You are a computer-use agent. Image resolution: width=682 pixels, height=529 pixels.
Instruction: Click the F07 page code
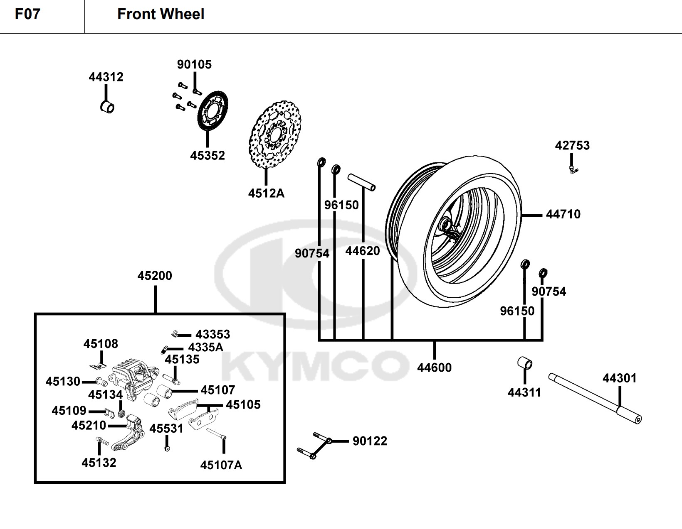[27, 14]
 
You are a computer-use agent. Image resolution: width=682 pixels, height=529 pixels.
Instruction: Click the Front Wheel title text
[161, 14]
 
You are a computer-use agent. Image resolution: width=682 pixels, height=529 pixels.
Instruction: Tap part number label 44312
[106, 77]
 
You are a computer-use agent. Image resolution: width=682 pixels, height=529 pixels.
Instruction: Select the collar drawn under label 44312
[107, 106]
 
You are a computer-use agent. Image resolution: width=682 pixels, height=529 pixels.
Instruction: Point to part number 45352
[208, 155]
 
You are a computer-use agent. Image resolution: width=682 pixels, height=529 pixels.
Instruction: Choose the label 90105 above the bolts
[194, 64]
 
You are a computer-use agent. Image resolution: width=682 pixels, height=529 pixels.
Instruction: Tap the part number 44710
[563, 214]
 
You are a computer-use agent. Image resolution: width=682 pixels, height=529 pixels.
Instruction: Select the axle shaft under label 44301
[595, 398]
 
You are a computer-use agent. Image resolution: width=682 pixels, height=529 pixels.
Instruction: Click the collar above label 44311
[525, 362]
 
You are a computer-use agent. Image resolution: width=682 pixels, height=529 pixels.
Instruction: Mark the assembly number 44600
[434, 367]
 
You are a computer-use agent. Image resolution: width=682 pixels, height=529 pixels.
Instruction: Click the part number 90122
[370, 441]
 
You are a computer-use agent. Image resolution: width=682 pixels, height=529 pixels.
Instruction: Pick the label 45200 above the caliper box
[155, 276]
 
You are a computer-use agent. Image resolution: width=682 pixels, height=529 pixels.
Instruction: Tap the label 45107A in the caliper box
[221, 465]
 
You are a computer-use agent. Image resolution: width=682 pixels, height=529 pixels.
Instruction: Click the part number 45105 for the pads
[243, 405]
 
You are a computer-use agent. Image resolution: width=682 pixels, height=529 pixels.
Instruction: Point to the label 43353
[213, 334]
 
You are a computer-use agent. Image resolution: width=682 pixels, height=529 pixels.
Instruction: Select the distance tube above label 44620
[361, 182]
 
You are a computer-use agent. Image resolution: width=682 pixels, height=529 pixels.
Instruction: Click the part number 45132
[99, 463]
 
